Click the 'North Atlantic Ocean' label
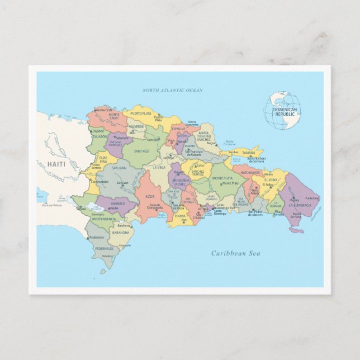tap(172, 90)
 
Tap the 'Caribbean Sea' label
tap(235, 253)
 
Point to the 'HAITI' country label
tap(56, 164)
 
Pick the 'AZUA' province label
tap(150, 196)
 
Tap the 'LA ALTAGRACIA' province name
tap(300, 205)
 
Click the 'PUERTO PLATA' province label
tap(140, 113)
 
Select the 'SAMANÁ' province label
tap(249, 152)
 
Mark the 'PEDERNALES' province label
tap(104, 248)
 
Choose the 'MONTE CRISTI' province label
tap(115, 116)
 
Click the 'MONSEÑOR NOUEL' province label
tap(181, 181)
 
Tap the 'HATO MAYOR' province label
tap(250, 173)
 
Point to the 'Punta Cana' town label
tap(312, 198)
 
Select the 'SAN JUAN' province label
tap(119, 168)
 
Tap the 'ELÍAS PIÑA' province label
tap(100, 159)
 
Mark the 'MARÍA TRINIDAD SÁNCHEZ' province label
tap(204, 136)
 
